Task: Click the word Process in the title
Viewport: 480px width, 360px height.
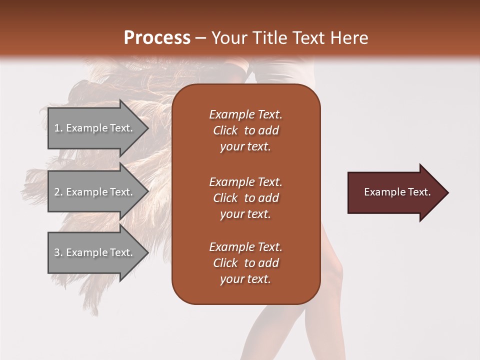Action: click(x=157, y=37)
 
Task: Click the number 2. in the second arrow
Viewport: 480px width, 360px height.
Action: click(x=58, y=192)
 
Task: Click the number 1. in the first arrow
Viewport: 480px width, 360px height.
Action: click(x=58, y=128)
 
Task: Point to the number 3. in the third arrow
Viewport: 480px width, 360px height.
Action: click(x=58, y=252)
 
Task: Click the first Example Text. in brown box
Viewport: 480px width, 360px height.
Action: click(x=245, y=114)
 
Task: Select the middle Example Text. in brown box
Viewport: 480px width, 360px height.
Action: click(x=245, y=181)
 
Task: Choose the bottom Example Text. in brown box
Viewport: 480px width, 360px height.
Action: click(x=245, y=247)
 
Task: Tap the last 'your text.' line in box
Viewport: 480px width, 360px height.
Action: click(x=245, y=279)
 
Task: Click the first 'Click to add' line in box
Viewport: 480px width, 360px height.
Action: click(x=245, y=130)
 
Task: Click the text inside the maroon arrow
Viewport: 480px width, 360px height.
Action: click(x=397, y=192)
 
